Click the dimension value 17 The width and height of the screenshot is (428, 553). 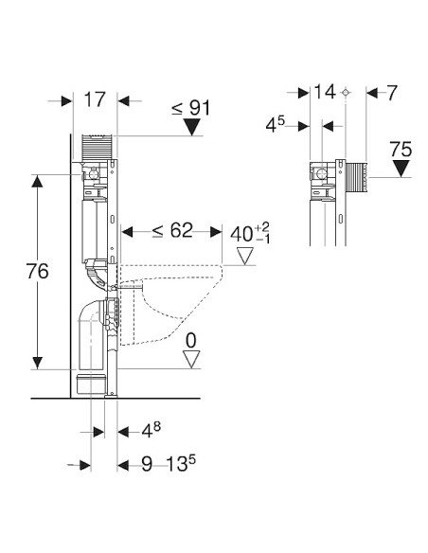(x=95, y=99)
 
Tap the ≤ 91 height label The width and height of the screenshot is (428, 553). (x=190, y=108)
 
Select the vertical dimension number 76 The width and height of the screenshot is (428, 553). (x=37, y=271)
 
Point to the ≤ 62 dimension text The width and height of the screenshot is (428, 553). (x=172, y=231)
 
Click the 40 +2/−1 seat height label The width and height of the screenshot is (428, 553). (x=250, y=233)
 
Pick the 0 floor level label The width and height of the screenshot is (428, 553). (x=190, y=341)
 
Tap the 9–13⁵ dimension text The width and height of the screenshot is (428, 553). (x=169, y=463)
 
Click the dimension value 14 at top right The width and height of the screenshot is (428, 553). (x=325, y=92)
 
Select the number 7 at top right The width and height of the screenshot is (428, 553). (x=392, y=93)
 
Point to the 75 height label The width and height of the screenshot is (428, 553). (x=401, y=150)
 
